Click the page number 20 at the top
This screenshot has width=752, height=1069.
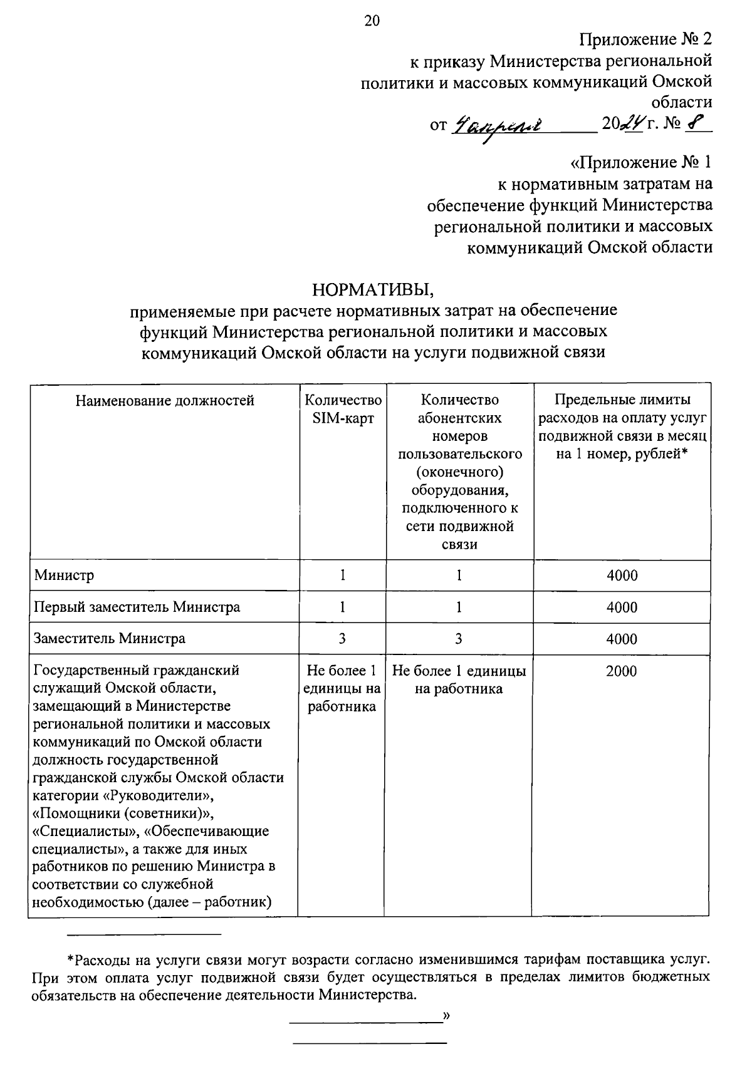pos(372,21)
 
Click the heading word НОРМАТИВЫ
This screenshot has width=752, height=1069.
pos(373,290)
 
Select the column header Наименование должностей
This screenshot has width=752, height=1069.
pos(165,401)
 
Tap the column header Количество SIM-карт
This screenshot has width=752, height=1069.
pos(342,410)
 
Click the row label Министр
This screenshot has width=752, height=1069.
pos(65,575)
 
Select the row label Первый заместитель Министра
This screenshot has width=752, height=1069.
pos(137,607)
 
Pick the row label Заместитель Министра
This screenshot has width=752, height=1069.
pos(110,639)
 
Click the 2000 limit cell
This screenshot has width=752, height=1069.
pos(622,671)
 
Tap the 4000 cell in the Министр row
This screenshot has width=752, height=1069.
pos(622,576)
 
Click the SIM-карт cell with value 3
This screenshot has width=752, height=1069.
pos(342,639)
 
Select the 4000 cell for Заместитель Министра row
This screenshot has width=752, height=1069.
pos(622,639)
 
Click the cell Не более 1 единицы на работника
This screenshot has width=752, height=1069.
pos(459,680)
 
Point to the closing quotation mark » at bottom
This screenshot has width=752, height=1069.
pos(446,1015)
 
